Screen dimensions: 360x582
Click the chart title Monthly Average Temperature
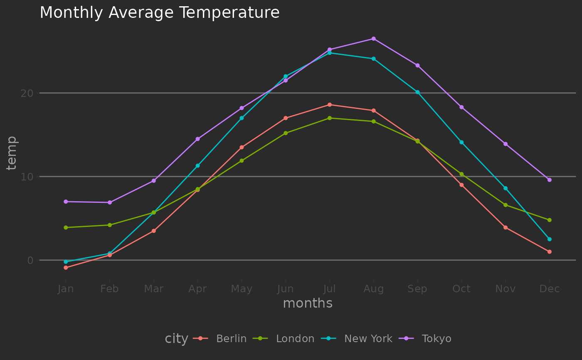[x=159, y=13]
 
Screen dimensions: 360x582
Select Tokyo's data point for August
[x=373, y=39]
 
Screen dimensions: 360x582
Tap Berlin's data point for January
[x=66, y=268]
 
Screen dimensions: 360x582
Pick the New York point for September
[x=417, y=92]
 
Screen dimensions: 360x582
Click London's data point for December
[x=549, y=220]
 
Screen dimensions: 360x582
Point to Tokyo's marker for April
[x=197, y=139]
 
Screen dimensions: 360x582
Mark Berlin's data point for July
[x=329, y=105]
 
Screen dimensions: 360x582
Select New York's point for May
[x=242, y=118]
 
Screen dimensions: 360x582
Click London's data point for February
[x=110, y=225]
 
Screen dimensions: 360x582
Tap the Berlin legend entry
[x=231, y=339]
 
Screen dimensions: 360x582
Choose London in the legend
[x=295, y=339]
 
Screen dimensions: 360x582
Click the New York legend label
[x=368, y=339]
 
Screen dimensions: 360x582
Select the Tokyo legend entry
[x=436, y=339]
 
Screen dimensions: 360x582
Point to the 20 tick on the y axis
[x=27, y=93]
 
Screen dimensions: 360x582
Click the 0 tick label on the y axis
[x=30, y=261]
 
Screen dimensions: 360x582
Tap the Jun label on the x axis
[x=286, y=289]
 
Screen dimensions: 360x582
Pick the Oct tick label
[x=461, y=289]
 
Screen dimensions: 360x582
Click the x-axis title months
[x=308, y=303]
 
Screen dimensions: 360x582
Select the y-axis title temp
[x=12, y=153]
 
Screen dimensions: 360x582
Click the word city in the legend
[x=176, y=339]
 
